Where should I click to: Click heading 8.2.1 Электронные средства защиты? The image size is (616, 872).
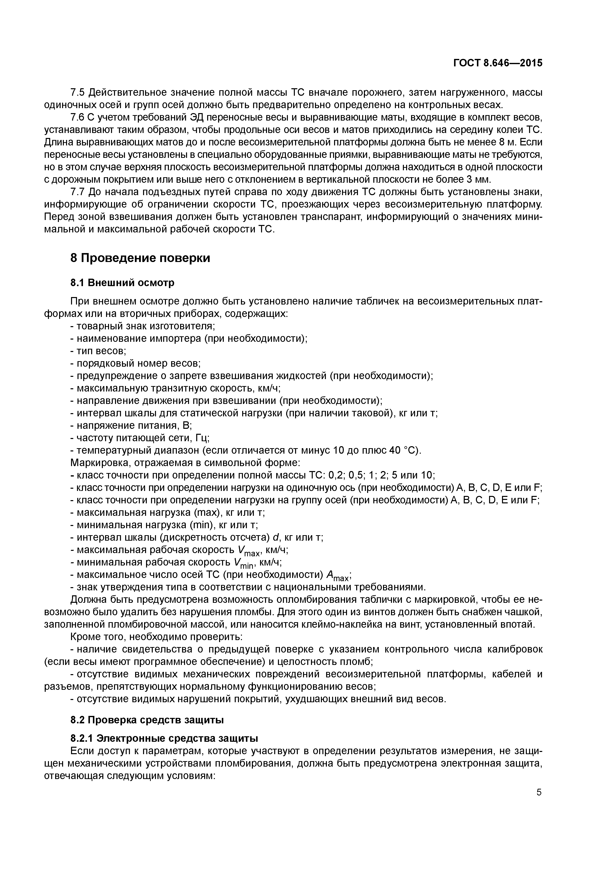pyautogui.click(x=164, y=738)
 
